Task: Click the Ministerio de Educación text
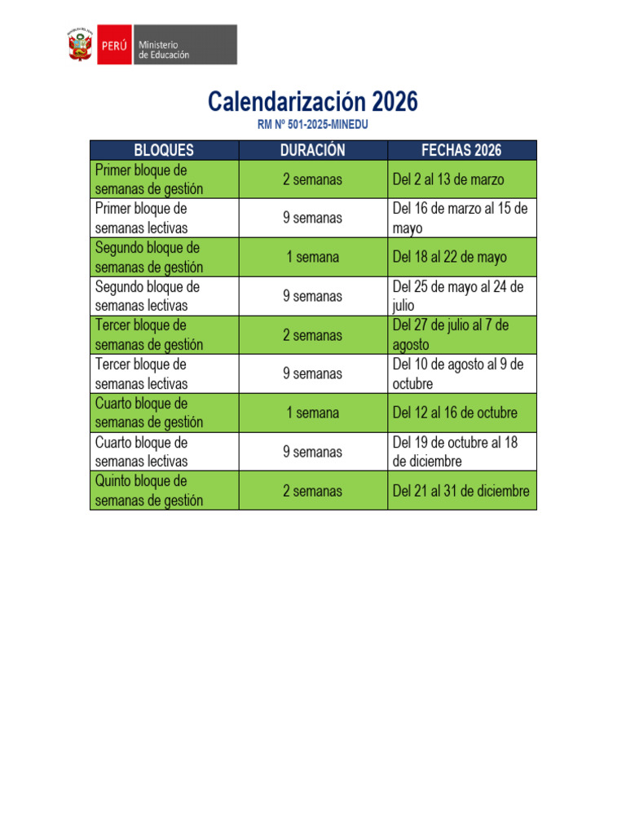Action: [x=164, y=49]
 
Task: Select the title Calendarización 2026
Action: [x=313, y=102]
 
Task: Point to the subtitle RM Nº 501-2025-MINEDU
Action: [x=313, y=125]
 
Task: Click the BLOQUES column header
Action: [x=164, y=150]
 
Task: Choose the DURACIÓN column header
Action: [x=313, y=150]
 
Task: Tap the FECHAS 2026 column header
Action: [x=461, y=150]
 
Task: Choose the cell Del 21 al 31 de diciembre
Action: [x=461, y=491]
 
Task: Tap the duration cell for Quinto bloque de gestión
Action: [x=313, y=491]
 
